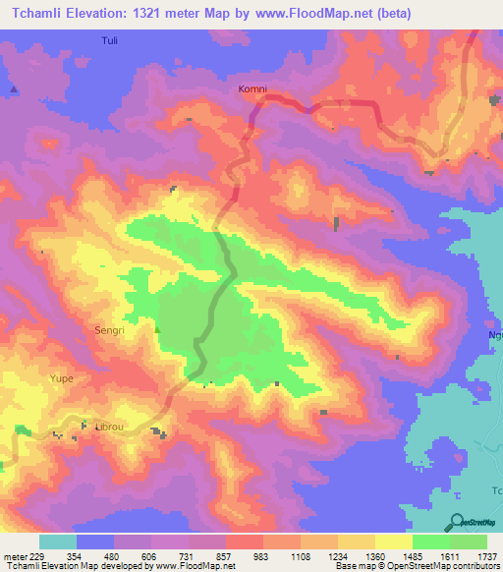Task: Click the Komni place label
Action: [252, 88]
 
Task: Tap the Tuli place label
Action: [109, 41]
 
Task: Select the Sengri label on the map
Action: [109, 331]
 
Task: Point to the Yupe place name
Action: [63, 377]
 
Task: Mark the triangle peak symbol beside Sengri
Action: [157, 329]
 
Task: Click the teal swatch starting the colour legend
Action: [58, 542]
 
